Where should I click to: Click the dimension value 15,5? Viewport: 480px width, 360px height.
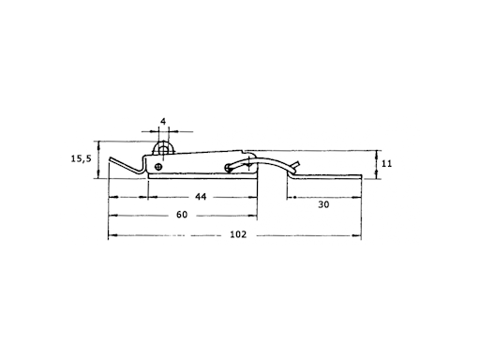coord(81,158)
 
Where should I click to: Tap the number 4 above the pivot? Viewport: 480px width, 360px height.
coord(163,121)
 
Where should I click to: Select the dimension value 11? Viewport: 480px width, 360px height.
coord(386,163)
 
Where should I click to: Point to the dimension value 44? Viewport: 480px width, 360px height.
coord(201,197)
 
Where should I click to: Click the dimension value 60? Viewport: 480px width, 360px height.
coord(182,215)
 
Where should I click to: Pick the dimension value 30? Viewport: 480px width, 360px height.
coord(323,204)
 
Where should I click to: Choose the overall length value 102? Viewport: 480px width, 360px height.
coord(238,234)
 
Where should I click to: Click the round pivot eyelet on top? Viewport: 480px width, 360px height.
coord(163,150)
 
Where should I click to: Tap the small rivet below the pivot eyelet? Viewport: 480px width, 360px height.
coord(158,167)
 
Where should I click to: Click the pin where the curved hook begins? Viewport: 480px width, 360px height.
coord(228,168)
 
